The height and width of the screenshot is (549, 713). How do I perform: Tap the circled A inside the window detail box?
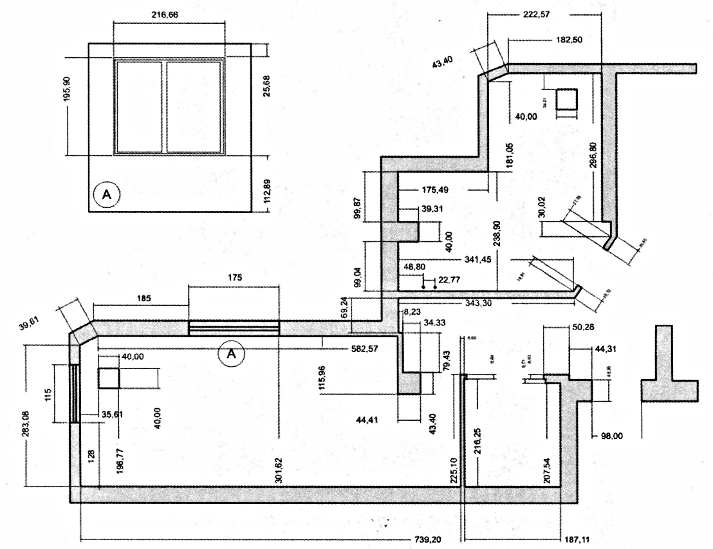(107, 192)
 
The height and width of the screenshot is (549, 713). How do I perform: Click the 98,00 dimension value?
(611, 436)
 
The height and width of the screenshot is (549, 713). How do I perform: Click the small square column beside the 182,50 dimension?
(566, 99)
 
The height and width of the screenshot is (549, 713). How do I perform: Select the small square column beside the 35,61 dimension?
(109, 378)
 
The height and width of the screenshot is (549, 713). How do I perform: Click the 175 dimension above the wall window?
(234, 277)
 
